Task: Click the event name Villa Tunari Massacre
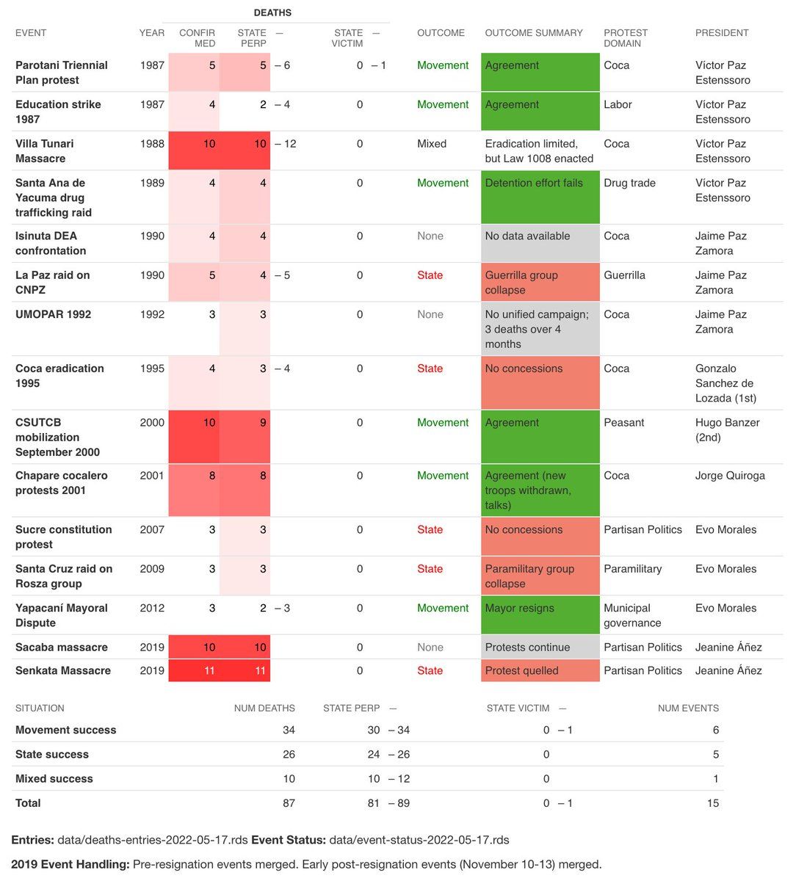[x=45, y=151]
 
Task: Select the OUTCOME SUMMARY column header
[x=534, y=33]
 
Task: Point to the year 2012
[x=152, y=608]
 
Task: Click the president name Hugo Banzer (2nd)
[x=727, y=429]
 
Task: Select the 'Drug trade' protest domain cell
[x=629, y=183]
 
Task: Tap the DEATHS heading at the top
[x=272, y=12]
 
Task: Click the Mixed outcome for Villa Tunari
[x=432, y=144]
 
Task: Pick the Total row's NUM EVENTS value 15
[x=712, y=803]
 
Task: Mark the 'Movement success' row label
[x=66, y=730]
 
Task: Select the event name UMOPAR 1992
[x=54, y=314]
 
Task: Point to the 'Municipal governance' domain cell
[x=632, y=615]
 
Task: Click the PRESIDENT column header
[x=722, y=33]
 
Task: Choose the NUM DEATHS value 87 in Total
[x=289, y=803]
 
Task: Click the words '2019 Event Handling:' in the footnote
[x=70, y=864]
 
